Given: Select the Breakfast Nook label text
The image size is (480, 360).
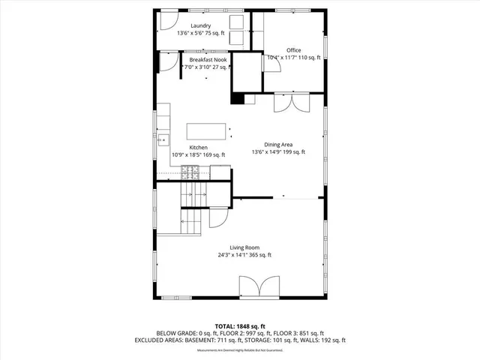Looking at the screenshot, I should (208, 59).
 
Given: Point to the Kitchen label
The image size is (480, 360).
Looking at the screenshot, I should (198, 148).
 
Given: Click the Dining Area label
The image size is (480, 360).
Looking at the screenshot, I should (278, 145).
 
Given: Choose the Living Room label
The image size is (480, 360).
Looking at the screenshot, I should (244, 247).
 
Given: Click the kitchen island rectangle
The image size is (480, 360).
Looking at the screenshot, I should (206, 132).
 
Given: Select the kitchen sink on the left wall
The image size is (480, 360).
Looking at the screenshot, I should (162, 139).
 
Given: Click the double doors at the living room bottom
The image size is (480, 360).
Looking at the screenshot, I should (251, 286).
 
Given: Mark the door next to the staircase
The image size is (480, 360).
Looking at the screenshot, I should (218, 217).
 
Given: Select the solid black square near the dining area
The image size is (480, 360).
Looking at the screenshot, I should (238, 97).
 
